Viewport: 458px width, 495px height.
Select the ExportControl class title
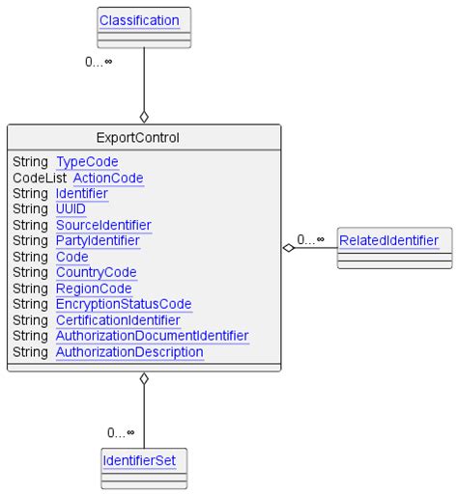click(x=144, y=137)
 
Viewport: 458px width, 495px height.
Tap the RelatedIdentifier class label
click(x=387, y=239)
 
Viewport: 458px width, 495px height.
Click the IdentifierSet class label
click(x=144, y=461)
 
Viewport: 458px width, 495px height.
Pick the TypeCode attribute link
click(x=87, y=162)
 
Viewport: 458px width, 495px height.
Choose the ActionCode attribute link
click(x=108, y=178)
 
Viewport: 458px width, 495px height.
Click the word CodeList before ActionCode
click(x=40, y=178)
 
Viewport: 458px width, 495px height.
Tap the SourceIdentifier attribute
click(x=102, y=225)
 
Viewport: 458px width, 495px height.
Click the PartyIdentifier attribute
click(x=97, y=240)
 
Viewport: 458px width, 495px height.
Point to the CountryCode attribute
click(x=96, y=272)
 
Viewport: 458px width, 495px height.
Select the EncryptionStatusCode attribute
click(x=123, y=304)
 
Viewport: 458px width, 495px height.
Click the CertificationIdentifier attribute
click(x=117, y=320)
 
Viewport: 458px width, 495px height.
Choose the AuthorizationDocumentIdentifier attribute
click(x=152, y=336)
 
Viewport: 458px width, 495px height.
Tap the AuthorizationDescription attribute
click(x=129, y=352)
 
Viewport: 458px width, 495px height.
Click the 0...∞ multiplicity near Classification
click(x=98, y=63)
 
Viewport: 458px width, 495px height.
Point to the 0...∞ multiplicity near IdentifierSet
click(x=121, y=432)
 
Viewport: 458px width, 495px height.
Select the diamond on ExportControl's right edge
click(x=288, y=248)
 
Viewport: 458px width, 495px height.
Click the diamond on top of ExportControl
click(x=144, y=117)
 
